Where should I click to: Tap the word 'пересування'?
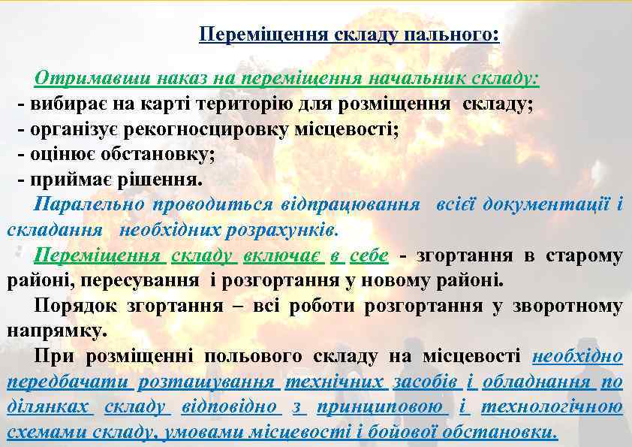tap(148, 281)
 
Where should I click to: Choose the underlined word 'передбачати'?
tap(71, 382)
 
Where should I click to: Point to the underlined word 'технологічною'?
tap(552, 407)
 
